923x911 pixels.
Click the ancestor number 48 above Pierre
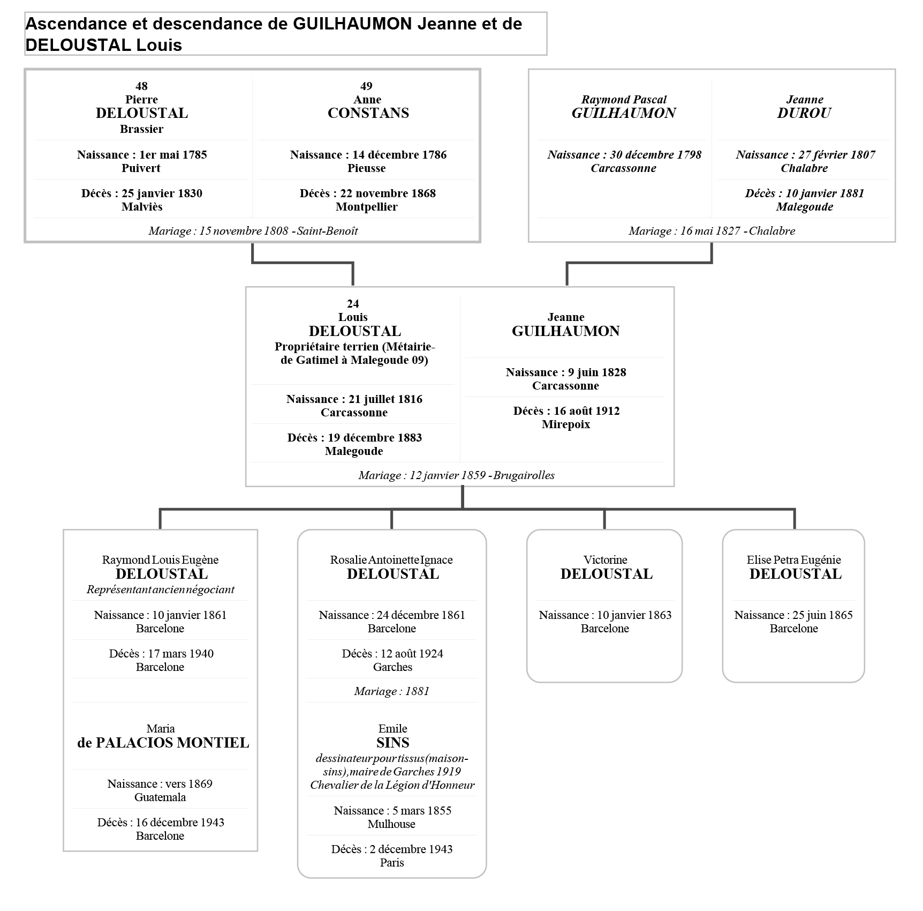[141, 86]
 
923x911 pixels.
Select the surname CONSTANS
[368, 113]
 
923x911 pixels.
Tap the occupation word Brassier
[141, 129]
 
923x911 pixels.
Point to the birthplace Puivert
[141, 168]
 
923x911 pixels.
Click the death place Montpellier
[367, 207]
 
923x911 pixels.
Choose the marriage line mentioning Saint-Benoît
[253, 231]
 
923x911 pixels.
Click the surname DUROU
[804, 113]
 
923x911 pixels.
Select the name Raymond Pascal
[624, 100]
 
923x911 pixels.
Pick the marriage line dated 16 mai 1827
[712, 231]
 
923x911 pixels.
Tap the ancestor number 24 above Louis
[353, 304]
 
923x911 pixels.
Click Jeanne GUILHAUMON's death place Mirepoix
[566, 424]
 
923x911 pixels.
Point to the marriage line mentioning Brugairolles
[456, 475]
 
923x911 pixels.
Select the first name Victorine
[605, 560]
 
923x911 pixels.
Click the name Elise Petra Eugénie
[793, 560]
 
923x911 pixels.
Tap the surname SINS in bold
[392, 743]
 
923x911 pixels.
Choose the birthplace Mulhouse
[391, 824]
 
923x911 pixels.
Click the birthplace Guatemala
[160, 797]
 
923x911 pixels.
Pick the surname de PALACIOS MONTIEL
[163, 743]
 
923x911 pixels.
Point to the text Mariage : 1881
[391, 691]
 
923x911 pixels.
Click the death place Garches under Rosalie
[392, 667]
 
